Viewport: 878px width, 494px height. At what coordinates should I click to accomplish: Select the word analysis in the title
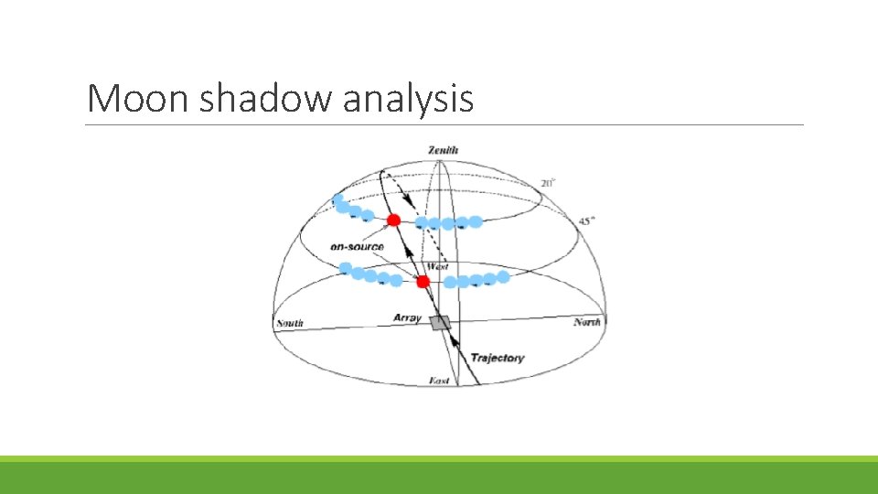pos(409,98)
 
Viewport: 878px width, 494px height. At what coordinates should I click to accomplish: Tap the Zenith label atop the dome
pos(443,150)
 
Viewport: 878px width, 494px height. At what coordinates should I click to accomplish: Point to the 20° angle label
pos(548,184)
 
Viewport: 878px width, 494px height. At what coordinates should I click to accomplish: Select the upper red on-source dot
pos(393,220)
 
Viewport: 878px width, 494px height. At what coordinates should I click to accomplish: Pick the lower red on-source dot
pos(423,282)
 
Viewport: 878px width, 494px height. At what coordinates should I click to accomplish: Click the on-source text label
pos(358,247)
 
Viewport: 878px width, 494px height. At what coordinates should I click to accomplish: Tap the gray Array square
pos(442,322)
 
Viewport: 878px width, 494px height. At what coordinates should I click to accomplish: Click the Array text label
pos(407,317)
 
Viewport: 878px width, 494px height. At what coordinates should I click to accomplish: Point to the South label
pos(290,323)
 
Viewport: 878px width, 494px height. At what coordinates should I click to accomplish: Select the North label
pos(586,322)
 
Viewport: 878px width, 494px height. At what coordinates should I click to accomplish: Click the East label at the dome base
pos(440,380)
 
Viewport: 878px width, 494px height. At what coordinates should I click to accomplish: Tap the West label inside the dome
pos(438,266)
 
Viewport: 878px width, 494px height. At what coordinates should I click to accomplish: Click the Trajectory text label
pos(498,358)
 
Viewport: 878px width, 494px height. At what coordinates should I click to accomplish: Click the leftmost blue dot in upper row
pos(337,199)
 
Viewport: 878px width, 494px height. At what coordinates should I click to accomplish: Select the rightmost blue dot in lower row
pos(502,276)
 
